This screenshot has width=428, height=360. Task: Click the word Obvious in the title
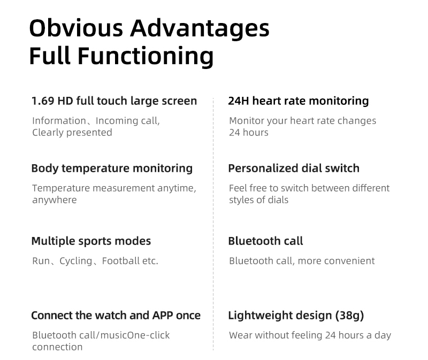(76, 28)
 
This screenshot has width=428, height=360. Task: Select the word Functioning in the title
(146, 57)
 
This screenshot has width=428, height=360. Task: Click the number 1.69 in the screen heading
(43, 101)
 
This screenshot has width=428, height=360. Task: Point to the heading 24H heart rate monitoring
(299, 101)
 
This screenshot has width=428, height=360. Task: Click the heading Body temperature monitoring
(112, 168)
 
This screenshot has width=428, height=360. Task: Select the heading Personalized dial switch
(294, 168)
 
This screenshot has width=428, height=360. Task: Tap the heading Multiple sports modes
(91, 242)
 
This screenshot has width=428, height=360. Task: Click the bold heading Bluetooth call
(265, 241)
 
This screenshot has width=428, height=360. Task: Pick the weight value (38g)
(350, 316)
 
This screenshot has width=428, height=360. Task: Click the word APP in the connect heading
(163, 316)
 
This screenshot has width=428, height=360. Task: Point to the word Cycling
(76, 262)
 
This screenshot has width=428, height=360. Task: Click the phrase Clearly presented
(72, 133)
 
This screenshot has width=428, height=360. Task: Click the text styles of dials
(259, 200)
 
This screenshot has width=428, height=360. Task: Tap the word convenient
(350, 261)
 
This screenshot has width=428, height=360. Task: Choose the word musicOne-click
(135, 335)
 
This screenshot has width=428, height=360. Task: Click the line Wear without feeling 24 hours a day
(310, 335)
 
